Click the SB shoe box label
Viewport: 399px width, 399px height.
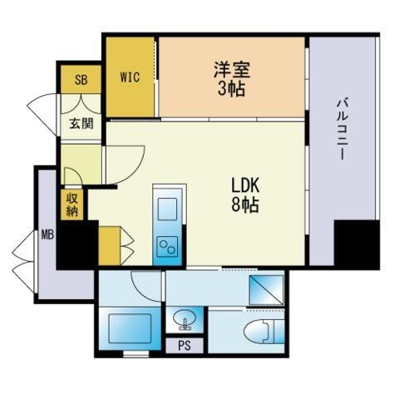(x=81, y=80)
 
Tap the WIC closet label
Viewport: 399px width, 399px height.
(x=130, y=77)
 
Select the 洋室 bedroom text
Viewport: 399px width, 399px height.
(x=232, y=70)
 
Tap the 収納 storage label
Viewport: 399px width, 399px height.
(x=71, y=204)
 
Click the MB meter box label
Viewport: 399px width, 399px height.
(x=47, y=234)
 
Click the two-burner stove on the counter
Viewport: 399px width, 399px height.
(x=166, y=245)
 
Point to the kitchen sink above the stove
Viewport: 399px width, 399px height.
(x=166, y=206)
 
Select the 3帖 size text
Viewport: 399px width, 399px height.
(x=232, y=88)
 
